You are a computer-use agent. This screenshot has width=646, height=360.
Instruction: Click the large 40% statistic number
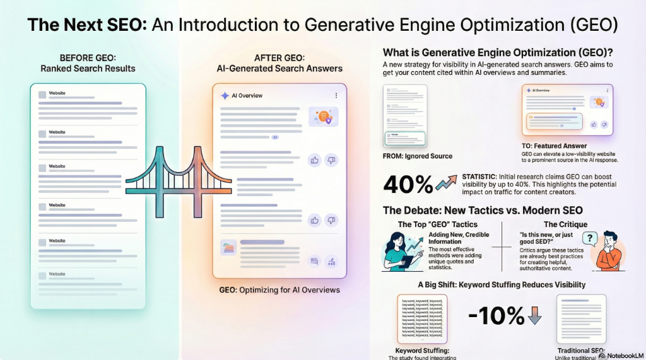[x=408, y=183]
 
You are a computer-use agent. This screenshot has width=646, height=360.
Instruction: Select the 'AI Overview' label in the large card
[x=250, y=96]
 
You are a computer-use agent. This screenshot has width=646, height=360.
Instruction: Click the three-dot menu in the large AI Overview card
[x=336, y=96]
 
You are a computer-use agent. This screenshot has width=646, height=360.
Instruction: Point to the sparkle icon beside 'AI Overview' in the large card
[x=225, y=96]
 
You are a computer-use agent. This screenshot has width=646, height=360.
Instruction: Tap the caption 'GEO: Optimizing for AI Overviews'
[x=279, y=290]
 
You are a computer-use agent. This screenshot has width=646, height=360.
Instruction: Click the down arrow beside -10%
[x=535, y=315]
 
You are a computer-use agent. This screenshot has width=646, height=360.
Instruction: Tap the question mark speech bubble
[x=589, y=239]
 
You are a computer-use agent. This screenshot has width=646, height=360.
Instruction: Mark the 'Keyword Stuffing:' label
[x=422, y=350]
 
